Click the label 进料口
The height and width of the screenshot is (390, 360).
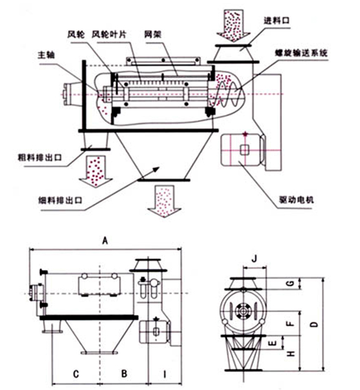coord(277,21)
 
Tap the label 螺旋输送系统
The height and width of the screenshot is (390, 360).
coord(301,53)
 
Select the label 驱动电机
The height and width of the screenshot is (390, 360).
coord(296,200)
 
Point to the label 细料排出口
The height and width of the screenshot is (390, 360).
coord(60,200)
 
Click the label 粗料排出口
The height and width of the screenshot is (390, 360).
coord(40,157)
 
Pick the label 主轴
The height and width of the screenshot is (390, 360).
coord(46,55)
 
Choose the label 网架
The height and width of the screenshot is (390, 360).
coord(152,34)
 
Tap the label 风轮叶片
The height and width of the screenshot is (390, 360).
coord(109,34)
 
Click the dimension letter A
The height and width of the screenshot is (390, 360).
coord(105,241)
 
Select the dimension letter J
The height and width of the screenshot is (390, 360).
coord(254,259)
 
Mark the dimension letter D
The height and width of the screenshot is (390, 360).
coord(315,324)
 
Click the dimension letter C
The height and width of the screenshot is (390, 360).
coord(76,374)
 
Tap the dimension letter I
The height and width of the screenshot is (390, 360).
coord(164,374)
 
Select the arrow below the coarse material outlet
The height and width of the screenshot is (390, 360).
coord(96,172)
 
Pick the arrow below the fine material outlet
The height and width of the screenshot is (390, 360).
coord(164,201)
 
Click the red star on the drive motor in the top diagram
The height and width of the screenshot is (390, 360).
coord(246,134)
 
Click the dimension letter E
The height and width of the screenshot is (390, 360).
coord(273,343)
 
